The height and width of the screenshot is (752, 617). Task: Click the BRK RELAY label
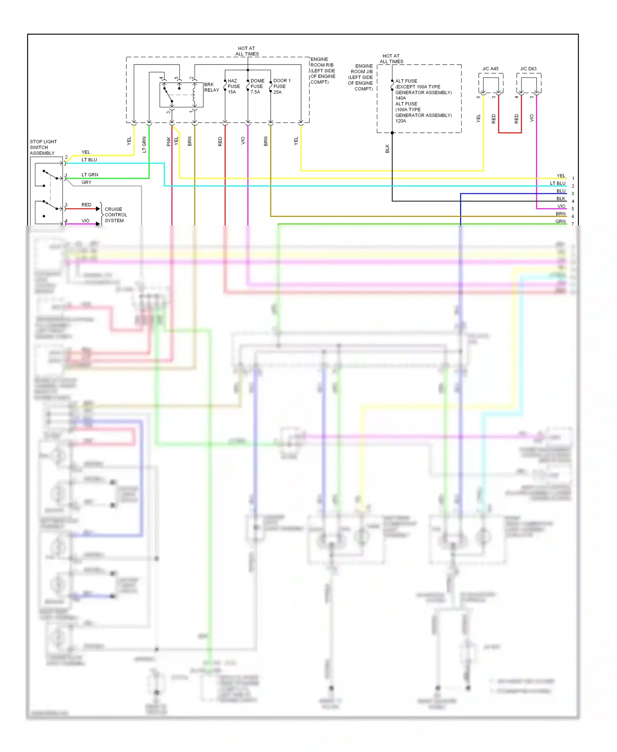(x=211, y=87)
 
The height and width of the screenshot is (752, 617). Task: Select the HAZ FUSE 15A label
(x=233, y=86)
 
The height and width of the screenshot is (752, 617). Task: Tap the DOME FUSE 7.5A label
(x=257, y=86)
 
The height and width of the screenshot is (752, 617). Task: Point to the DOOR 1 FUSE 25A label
(x=281, y=86)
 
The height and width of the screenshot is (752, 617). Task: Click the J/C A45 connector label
(x=490, y=69)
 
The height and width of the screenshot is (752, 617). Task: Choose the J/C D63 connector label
(x=528, y=69)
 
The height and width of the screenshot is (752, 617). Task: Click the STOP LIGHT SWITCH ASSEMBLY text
(x=43, y=147)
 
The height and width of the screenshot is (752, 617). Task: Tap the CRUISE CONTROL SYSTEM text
(x=116, y=215)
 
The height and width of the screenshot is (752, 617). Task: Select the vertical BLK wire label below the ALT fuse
(x=387, y=149)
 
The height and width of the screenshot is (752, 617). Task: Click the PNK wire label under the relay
(x=169, y=142)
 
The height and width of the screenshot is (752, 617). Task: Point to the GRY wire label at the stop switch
(x=86, y=182)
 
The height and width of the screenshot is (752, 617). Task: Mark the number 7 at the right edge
(x=573, y=224)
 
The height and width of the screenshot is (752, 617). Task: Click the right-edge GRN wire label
(x=560, y=221)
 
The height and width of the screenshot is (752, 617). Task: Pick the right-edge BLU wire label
(x=561, y=191)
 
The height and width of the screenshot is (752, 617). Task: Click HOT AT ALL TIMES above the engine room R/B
(x=247, y=51)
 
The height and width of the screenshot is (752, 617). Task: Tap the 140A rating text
(x=400, y=98)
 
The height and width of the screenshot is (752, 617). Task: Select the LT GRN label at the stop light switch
(x=90, y=175)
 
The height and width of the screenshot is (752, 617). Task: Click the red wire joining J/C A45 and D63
(x=510, y=132)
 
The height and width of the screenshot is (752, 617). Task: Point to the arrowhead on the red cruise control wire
(x=98, y=209)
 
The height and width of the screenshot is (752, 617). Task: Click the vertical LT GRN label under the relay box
(x=144, y=144)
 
